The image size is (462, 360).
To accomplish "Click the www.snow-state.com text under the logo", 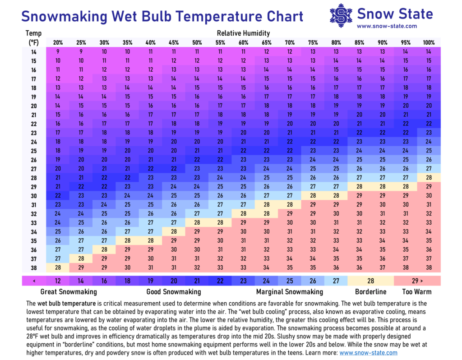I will click(387, 26).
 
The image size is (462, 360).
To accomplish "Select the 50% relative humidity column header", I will click(197, 43).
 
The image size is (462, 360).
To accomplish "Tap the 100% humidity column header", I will click(429, 43).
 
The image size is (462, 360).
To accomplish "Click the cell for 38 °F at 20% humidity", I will click(58, 267).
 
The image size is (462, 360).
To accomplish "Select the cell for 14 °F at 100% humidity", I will click(429, 52).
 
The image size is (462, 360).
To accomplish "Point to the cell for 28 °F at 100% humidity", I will click(429, 177).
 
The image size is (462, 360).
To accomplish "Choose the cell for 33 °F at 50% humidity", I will click(197, 222).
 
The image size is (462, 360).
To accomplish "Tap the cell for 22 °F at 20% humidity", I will click(58, 124).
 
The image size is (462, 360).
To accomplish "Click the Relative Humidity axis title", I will click(243, 33).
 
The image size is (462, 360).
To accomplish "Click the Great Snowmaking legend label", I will click(69, 291).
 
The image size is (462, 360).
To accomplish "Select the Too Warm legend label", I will click(416, 291).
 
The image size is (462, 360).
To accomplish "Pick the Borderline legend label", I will click(371, 291).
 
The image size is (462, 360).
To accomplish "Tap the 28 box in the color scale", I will click(371, 281).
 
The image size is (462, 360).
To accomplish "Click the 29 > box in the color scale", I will click(417, 281).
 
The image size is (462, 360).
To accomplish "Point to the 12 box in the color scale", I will click(58, 281).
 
